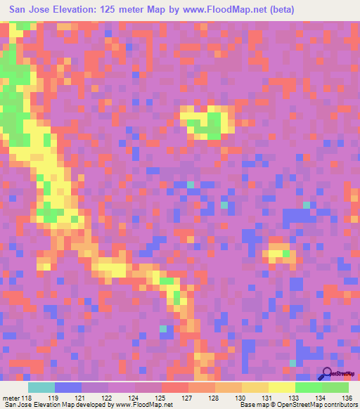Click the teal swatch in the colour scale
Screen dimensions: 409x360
point(41,388)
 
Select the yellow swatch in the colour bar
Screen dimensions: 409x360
point(281,388)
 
